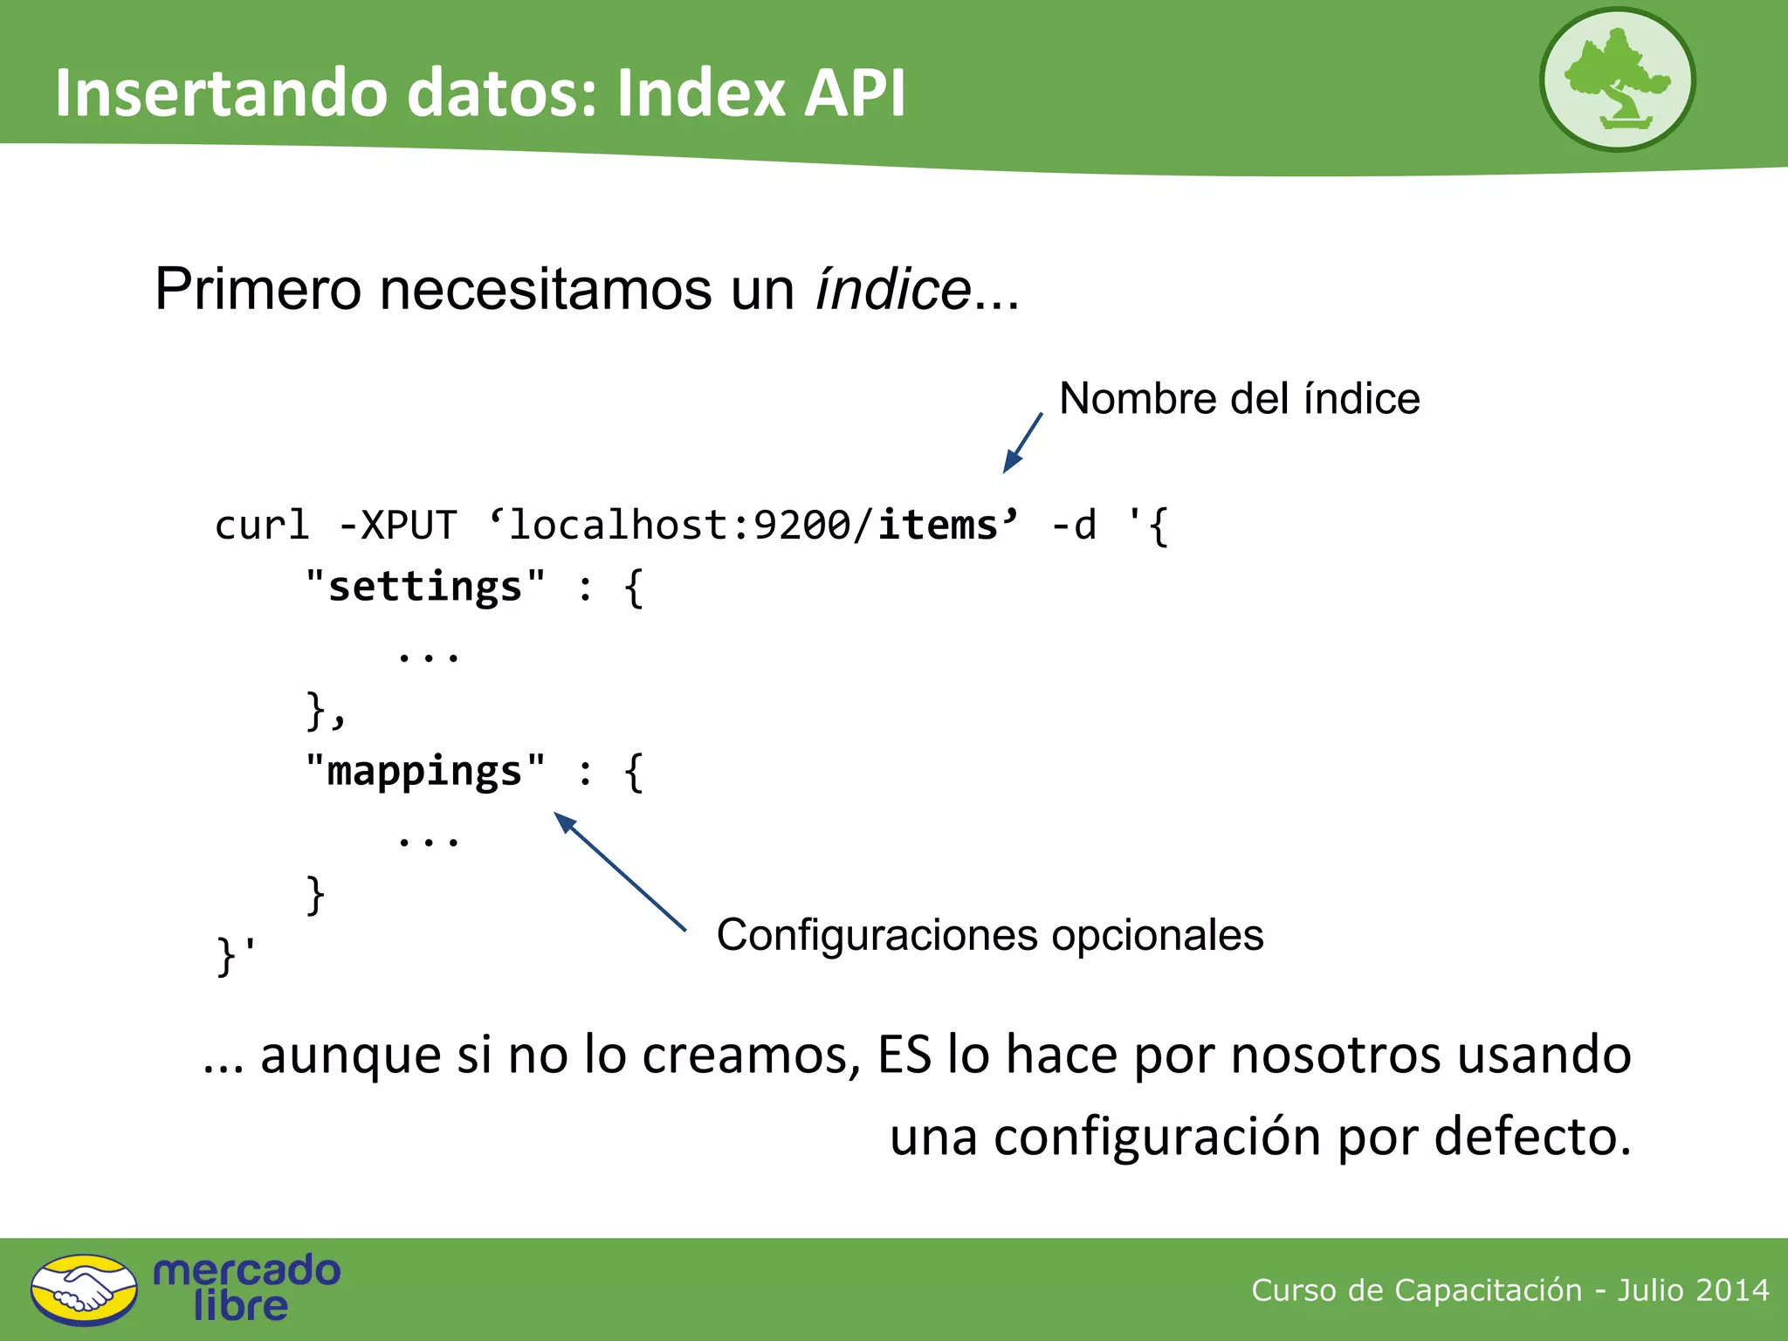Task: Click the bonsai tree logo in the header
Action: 1617,80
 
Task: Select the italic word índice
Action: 892,290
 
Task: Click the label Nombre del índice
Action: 1239,399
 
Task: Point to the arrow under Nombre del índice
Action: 1022,444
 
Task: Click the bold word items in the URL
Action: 938,526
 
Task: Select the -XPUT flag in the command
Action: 397,526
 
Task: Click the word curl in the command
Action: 262,526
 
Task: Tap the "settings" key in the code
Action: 425,587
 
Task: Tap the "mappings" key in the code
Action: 425,772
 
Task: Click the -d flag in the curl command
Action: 1074,526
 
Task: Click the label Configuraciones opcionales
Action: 989,935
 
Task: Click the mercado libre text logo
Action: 246,1289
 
